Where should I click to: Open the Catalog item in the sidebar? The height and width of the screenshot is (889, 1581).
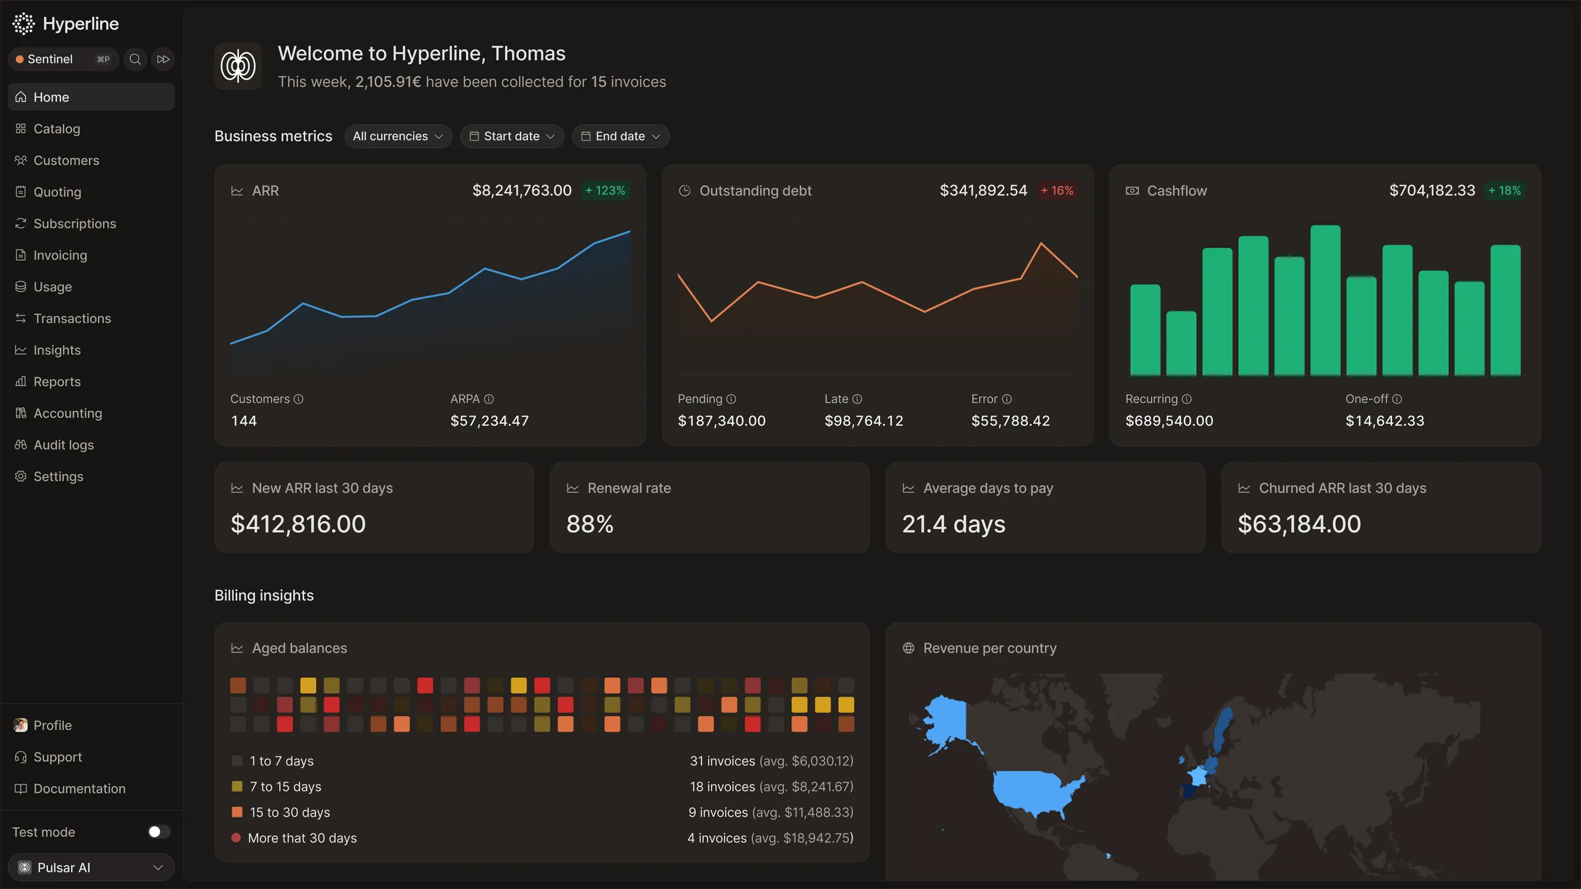(57, 128)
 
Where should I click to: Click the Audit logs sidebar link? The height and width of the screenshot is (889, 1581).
(63, 444)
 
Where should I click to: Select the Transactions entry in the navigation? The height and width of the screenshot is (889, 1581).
(72, 318)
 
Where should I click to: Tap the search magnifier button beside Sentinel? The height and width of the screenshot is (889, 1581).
(135, 59)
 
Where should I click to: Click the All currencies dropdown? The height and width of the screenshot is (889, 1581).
(398, 136)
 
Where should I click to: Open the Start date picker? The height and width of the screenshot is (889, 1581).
(512, 136)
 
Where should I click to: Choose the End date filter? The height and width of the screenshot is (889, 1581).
(621, 136)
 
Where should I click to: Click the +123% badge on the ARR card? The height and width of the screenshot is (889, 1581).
(605, 191)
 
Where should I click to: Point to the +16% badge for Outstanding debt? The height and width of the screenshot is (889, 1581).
(1057, 191)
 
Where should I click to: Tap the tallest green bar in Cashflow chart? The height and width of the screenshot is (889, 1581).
(1325, 301)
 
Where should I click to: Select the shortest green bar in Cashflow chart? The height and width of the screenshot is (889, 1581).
(1181, 343)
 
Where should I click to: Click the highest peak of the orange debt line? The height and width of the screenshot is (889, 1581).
(1041, 243)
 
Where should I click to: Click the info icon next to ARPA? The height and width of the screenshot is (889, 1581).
(489, 399)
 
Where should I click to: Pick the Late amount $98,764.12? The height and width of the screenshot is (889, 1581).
(864, 421)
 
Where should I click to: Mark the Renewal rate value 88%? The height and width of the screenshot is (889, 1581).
(590, 524)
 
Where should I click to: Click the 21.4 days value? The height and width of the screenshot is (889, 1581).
(954, 524)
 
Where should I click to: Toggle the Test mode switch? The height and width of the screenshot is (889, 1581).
(159, 832)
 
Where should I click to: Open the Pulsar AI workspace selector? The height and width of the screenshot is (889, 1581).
(91, 867)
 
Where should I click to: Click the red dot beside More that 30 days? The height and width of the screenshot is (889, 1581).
(236, 838)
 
